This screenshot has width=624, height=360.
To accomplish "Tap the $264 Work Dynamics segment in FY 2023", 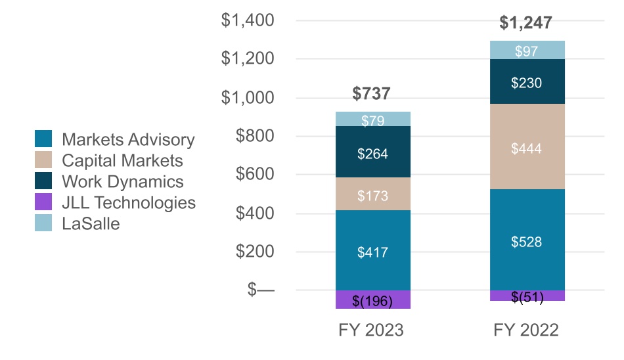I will (x=372, y=154).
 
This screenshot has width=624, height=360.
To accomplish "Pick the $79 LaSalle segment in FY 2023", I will (x=372, y=120).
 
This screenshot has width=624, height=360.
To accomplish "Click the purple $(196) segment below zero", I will (x=372, y=300).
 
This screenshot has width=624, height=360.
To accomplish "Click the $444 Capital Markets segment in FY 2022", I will (x=527, y=148).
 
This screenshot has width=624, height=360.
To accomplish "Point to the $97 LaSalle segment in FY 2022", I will (x=527, y=51).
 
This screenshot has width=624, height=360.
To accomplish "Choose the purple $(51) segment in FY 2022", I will (x=527, y=296).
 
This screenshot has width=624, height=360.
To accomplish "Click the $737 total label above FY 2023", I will (x=372, y=93).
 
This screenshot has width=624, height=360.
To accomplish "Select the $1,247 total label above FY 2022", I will (x=525, y=23).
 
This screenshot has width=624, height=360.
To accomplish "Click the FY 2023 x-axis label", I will (x=371, y=330).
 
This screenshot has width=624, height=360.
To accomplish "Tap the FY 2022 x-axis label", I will (x=526, y=330).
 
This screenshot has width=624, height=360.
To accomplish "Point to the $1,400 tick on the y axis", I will (x=248, y=21).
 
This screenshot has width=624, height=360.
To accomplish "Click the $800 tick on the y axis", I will (x=256, y=137).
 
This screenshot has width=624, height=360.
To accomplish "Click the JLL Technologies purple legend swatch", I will (x=43, y=203).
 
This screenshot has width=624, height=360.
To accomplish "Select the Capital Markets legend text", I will (x=122, y=160).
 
